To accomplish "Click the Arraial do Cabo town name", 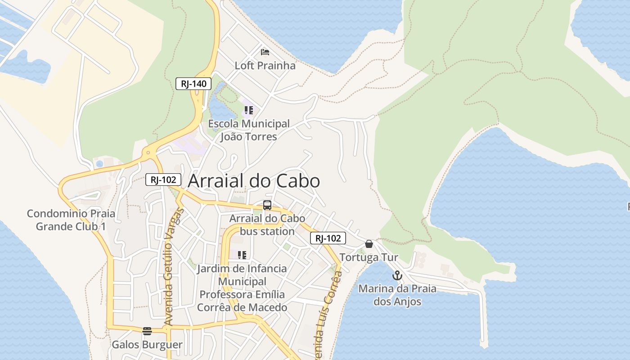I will click(x=254, y=181).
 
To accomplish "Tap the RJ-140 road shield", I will click(x=193, y=83).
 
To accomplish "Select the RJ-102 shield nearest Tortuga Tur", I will click(x=328, y=238).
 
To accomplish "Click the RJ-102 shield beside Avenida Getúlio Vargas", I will click(x=163, y=180).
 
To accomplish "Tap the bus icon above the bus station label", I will click(x=267, y=205).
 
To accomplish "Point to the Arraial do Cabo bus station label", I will click(x=261, y=225).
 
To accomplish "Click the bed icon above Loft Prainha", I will click(x=265, y=52).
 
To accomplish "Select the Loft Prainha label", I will click(x=265, y=66).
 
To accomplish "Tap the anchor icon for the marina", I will click(x=397, y=275).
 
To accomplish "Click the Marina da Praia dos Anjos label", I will click(x=397, y=295).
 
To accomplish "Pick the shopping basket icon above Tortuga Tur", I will click(x=369, y=244).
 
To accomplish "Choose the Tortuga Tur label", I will click(x=369, y=257).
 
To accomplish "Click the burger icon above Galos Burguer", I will click(x=147, y=331).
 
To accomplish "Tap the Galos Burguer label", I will click(x=147, y=345).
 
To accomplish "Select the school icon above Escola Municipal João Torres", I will click(x=249, y=110).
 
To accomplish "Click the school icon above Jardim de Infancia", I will click(x=242, y=255).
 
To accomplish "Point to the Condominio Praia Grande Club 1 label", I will click(x=71, y=220).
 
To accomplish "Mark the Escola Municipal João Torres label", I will click(x=249, y=130).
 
